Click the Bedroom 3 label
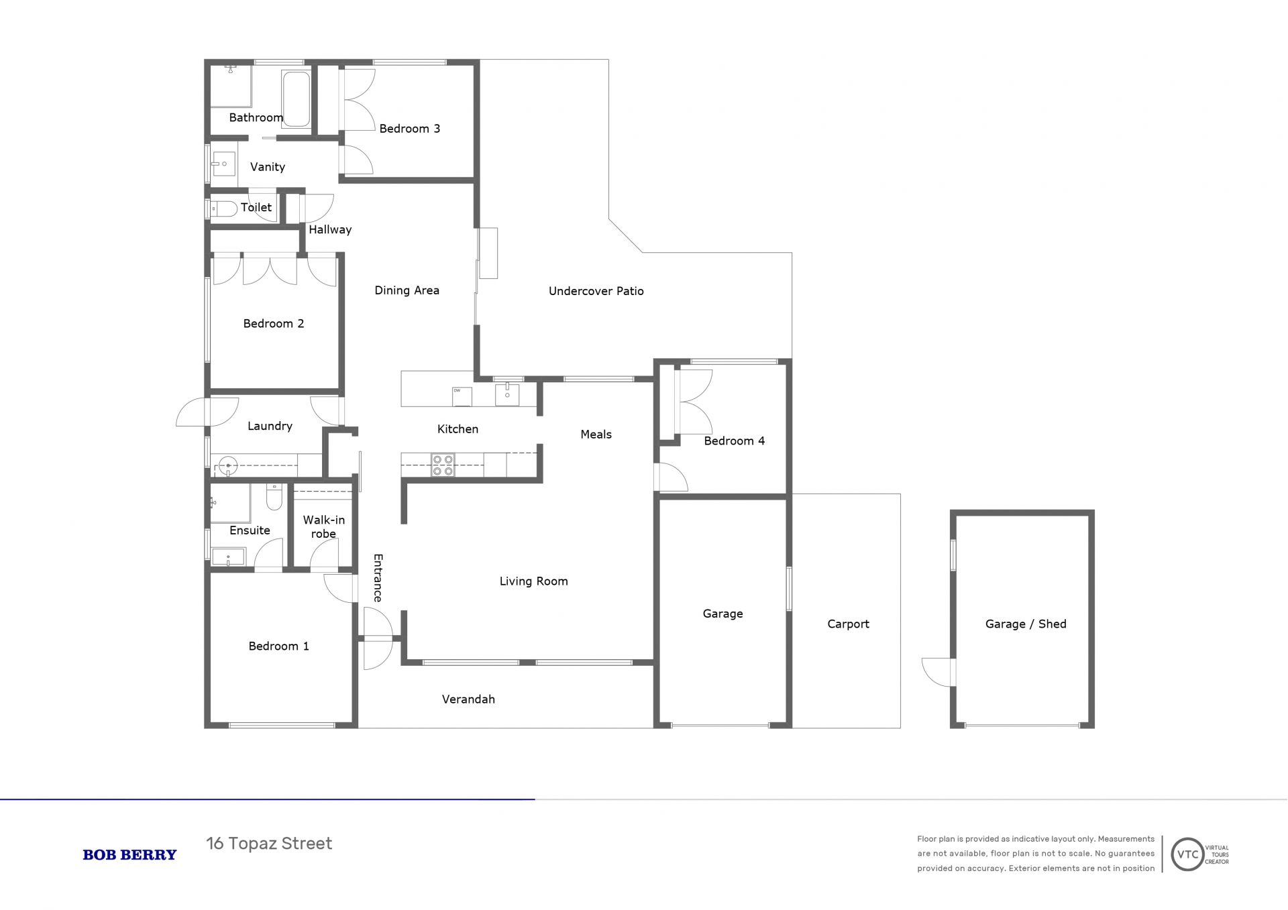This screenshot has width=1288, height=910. pyautogui.click(x=409, y=129)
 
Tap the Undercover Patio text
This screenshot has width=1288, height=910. pyautogui.click(x=596, y=291)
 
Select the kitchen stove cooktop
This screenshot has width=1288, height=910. pyautogui.click(x=443, y=465)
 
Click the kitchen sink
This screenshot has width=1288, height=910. pyautogui.click(x=507, y=395)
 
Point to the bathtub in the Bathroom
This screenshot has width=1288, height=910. pyautogui.click(x=296, y=99)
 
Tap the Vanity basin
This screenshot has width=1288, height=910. pyautogui.click(x=223, y=164)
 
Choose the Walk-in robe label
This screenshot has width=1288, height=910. pyautogui.click(x=323, y=527)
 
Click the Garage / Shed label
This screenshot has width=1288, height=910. pyautogui.click(x=1026, y=624)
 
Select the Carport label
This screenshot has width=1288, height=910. pyautogui.click(x=848, y=624)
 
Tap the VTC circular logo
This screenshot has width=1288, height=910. pyautogui.click(x=1187, y=854)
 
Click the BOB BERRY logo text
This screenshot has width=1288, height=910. pyautogui.click(x=129, y=855)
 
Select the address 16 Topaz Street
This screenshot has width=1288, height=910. pyautogui.click(x=269, y=844)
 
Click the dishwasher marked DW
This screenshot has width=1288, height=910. pyautogui.click(x=462, y=396)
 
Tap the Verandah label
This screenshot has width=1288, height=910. pyautogui.click(x=468, y=699)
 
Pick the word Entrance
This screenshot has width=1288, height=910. pyautogui.click(x=378, y=578)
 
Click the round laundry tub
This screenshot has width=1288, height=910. pyautogui.click(x=228, y=465)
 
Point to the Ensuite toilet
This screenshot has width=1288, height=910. pyautogui.click(x=274, y=497)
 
